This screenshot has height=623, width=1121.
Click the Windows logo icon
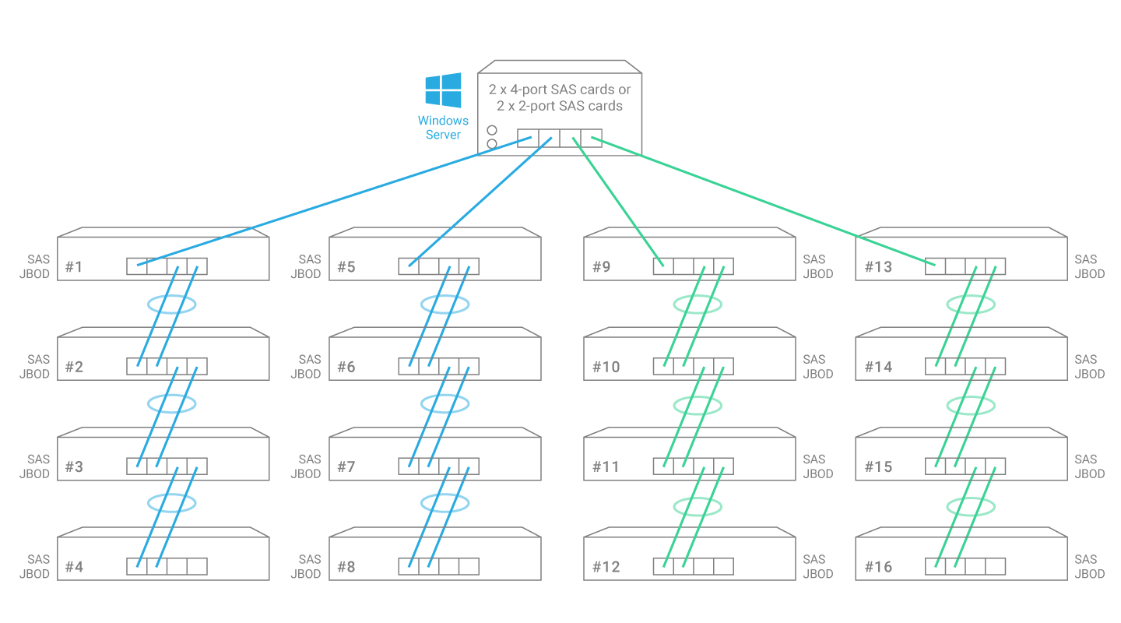click(x=443, y=90)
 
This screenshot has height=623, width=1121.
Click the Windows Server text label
click(x=443, y=128)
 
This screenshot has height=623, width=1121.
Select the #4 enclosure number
click(x=74, y=566)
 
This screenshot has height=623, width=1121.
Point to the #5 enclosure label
click(x=346, y=267)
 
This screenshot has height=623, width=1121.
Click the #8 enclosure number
click(x=346, y=566)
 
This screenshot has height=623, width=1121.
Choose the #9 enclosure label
click(x=602, y=267)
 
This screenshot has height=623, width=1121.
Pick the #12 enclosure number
click(x=606, y=566)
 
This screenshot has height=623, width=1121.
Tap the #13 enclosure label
click(x=878, y=267)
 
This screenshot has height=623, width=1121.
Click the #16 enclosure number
click(x=878, y=566)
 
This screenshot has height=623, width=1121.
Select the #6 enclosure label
click(x=346, y=367)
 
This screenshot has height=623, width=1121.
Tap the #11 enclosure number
click(x=606, y=466)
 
